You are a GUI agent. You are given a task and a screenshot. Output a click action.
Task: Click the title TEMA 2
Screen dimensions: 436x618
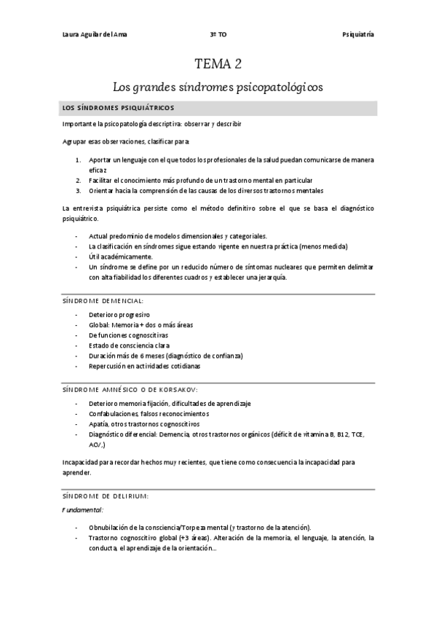(217, 64)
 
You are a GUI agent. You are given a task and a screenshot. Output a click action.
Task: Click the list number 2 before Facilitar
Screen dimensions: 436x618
(78, 179)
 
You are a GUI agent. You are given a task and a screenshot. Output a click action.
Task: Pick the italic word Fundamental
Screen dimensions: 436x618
(81, 509)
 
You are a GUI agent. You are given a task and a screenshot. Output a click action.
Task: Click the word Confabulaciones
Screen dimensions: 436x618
(114, 413)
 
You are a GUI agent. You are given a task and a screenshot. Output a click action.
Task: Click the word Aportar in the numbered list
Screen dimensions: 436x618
(100, 159)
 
